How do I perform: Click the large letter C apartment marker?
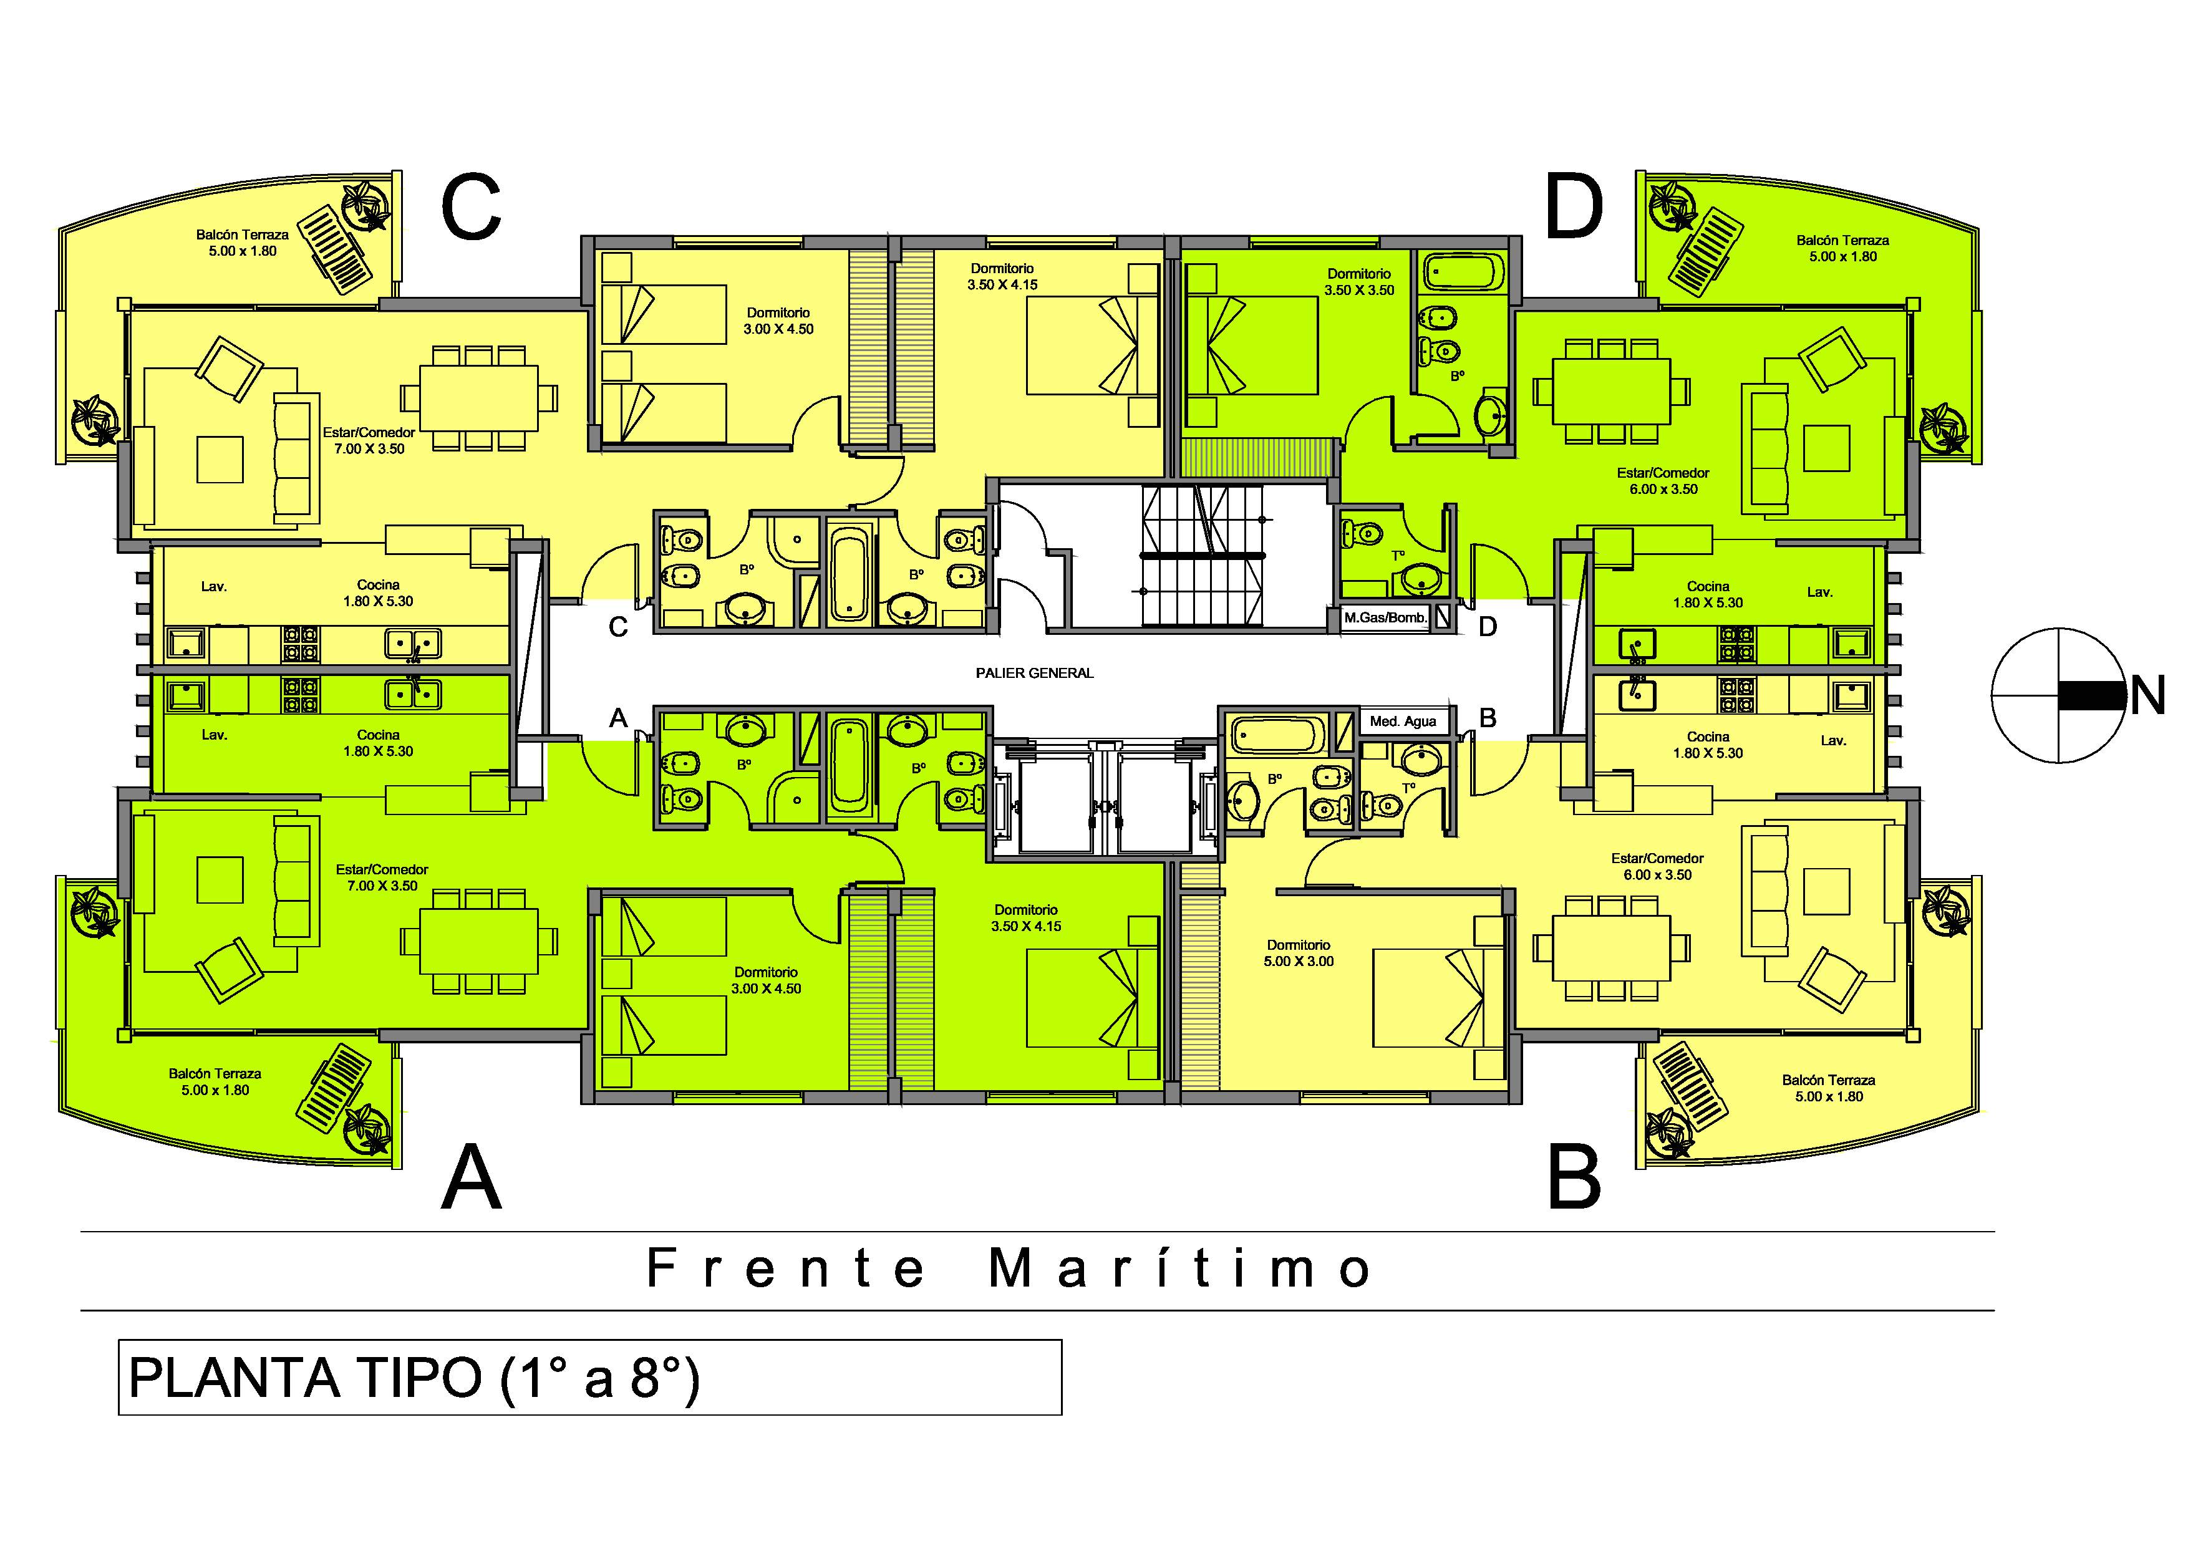pos(471,206)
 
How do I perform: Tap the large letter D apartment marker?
pos(1574,206)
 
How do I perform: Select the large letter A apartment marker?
pos(471,1176)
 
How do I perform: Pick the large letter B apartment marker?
pos(1574,1176)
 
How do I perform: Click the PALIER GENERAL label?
pos(1034,672)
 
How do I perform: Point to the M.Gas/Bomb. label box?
pos(1386,617)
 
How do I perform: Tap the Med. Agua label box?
pos(1403,721)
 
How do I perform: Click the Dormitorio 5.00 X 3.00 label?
pos(1298,952)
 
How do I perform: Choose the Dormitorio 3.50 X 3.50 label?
pos(1359,282)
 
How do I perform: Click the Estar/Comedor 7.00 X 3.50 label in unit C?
pos(369,440)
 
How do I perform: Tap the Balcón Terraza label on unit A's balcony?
pos(215,1081)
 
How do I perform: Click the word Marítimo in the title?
pos(1180,1268)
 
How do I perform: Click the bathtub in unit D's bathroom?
pos(1464,273)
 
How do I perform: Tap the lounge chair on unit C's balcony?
pos(334,249)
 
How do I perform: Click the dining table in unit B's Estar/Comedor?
pos(1610,948)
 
